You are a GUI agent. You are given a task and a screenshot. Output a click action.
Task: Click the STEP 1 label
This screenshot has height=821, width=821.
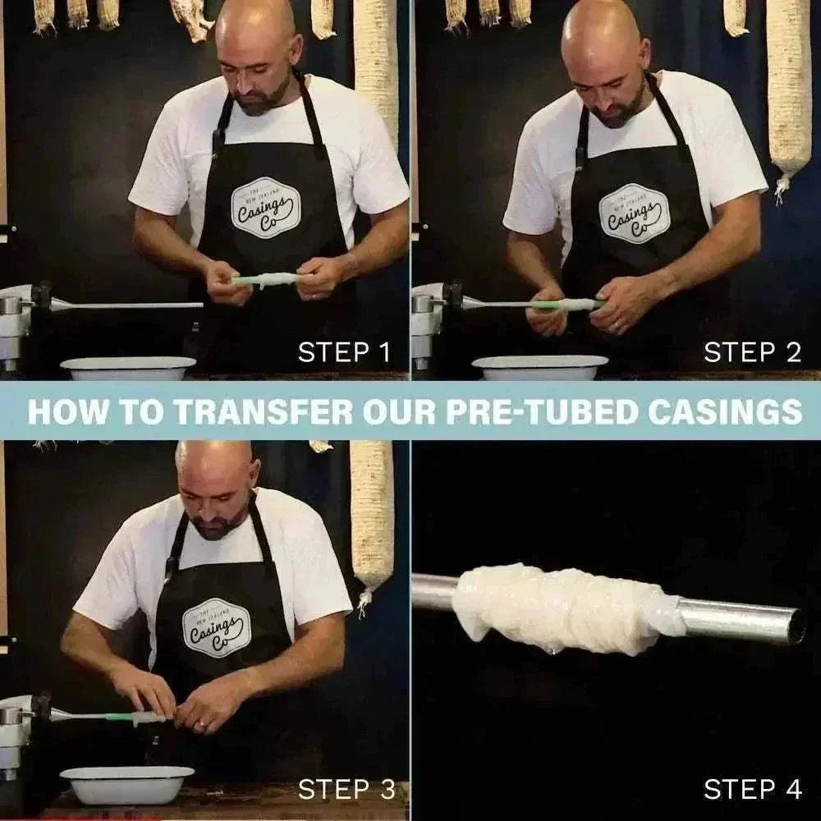click(344, 352)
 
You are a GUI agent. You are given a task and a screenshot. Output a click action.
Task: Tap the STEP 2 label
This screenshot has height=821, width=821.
click(752, 352)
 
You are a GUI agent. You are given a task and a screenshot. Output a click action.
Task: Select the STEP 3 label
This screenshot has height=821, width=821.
click(346, 790)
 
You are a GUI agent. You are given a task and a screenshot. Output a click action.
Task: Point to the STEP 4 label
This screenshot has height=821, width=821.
click(752, 790)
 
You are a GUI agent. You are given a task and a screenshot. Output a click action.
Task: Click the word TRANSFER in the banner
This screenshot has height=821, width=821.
click(263, 411)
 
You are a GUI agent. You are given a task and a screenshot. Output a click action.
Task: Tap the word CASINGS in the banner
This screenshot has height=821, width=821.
click(725, 411)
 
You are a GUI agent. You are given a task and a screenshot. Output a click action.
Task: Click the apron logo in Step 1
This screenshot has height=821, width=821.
click(266, 208)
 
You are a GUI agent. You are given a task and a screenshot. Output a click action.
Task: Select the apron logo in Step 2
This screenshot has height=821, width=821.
click(635, 213)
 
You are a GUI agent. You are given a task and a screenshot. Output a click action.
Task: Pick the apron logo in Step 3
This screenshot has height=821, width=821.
click(217, 627)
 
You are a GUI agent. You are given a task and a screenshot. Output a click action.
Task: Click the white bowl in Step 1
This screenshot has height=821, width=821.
click(128, 368)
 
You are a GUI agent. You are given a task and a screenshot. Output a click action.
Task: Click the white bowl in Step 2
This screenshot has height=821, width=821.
click(540, 368)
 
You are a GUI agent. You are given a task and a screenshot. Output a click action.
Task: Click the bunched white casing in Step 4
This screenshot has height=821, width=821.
click(566, 608)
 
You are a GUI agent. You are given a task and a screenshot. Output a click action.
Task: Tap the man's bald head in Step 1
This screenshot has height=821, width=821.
click(255, 29)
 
